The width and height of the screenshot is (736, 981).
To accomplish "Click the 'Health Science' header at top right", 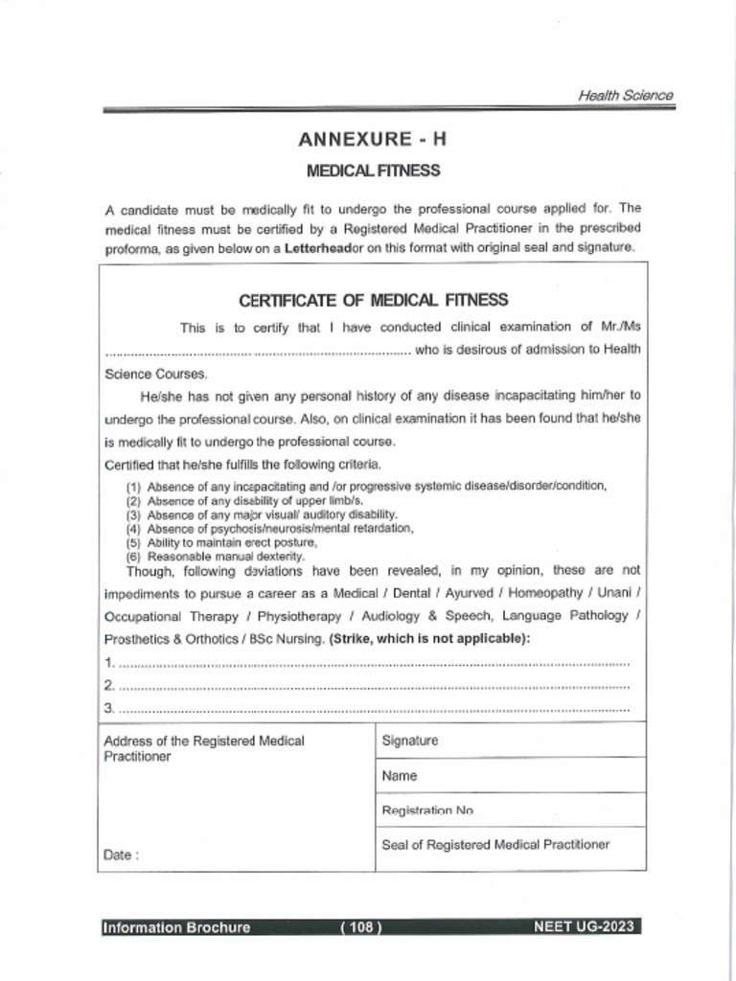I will tap(625, 95).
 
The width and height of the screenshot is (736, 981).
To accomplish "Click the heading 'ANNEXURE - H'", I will tap(372, 139).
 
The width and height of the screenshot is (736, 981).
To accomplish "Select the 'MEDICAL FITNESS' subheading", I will tap(373, 171).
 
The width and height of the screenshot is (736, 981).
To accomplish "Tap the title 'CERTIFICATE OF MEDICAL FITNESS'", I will tap(373, 301).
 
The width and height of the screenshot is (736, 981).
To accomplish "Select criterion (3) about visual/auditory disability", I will tap(259, 514).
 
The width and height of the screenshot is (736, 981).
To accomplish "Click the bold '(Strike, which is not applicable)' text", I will tap(428, 639).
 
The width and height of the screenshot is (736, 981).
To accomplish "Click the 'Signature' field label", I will tap(409, 741).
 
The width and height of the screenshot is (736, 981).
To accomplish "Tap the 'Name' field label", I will tap(399, 776).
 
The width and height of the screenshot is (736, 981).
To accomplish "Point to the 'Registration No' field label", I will tap(427, 810).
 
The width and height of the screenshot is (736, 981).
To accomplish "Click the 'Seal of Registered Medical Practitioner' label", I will tap(495, 844).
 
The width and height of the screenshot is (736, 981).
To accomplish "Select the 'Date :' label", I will tap(121, 856).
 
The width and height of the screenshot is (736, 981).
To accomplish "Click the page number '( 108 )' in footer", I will tap(361, 926).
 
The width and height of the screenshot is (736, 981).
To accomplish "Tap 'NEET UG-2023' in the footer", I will tap(586, 926).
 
